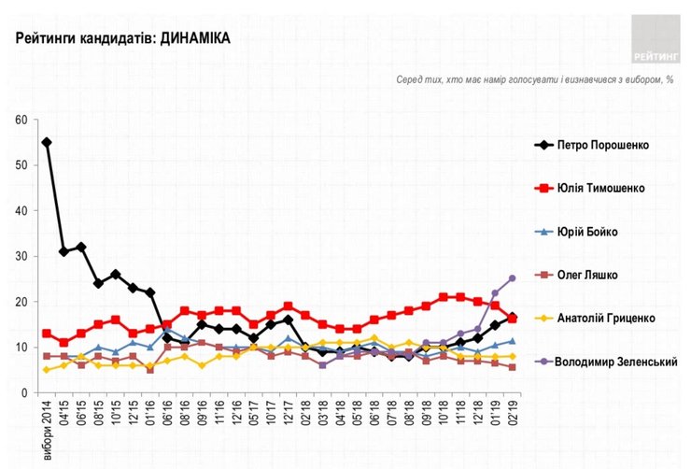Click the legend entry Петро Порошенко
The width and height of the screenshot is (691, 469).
coord(602,146)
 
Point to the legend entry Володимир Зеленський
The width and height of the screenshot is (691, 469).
coord(611,362)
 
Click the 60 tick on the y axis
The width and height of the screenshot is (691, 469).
coord(21,120)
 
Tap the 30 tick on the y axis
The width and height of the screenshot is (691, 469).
coord(21,256)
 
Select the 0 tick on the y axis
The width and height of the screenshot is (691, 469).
coord(23,393)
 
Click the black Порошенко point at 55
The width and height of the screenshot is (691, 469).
coord(47,142)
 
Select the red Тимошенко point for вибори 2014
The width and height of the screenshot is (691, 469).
coord(47,334)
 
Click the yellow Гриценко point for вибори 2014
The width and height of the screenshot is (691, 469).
coord(47,370)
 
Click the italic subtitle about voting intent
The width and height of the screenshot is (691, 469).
coord(534,79)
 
